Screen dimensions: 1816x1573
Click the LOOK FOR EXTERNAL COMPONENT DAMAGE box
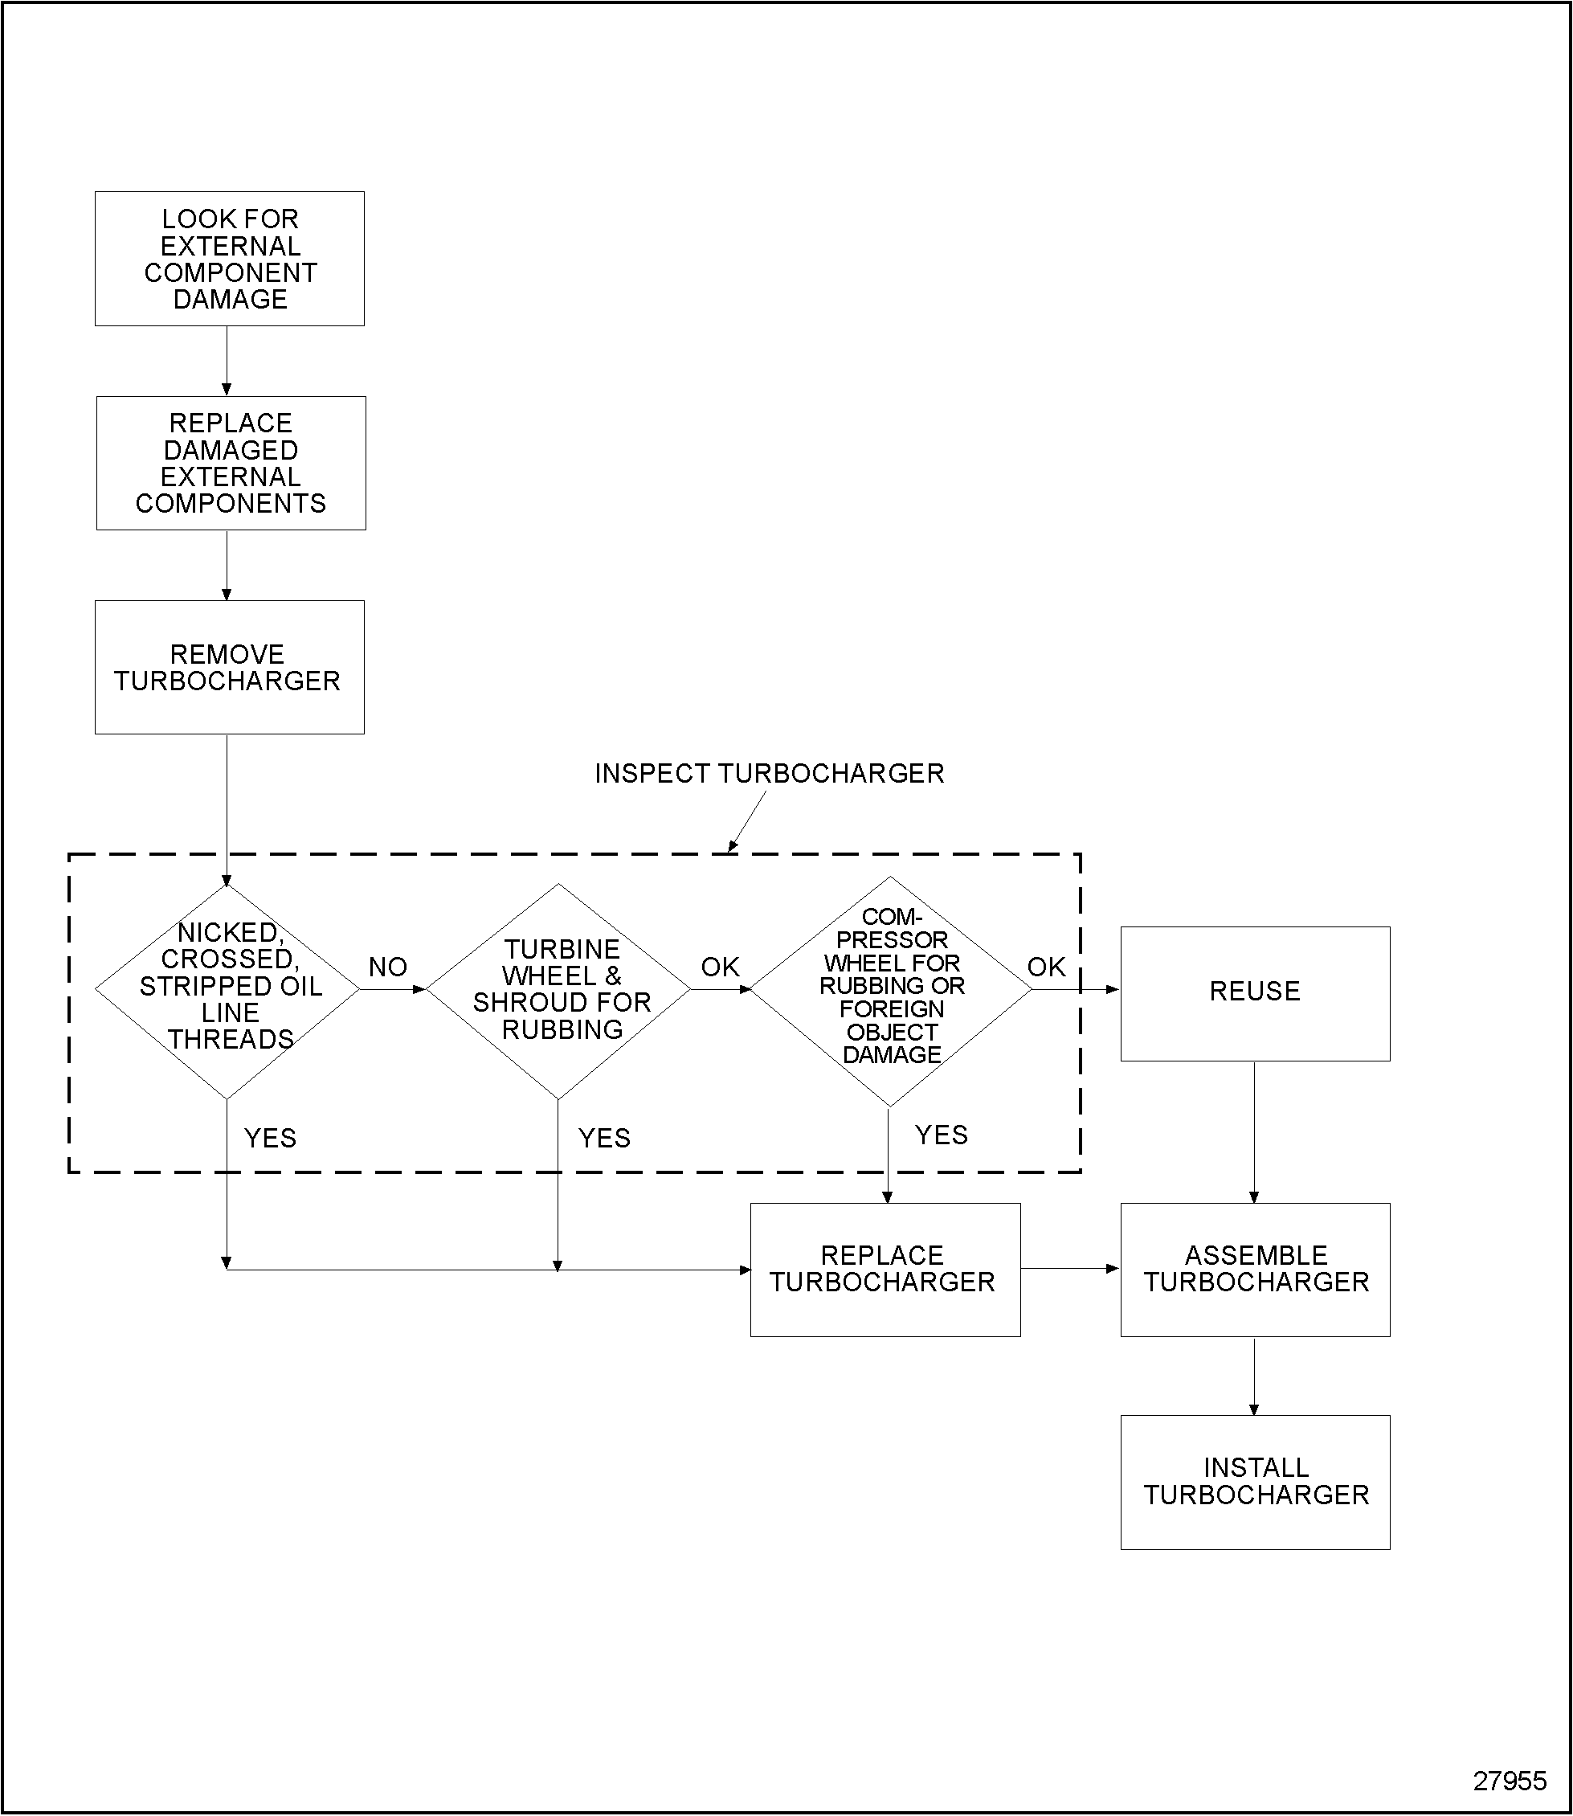pos(229,259)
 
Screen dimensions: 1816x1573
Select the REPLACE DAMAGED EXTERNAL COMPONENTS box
pos(231,463)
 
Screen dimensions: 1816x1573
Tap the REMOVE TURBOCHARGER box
pos(229,668)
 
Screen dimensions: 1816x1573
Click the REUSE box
pos(1254,993)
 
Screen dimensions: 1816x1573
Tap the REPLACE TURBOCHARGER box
pos(885,1269)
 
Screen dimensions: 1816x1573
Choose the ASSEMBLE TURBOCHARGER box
pos(1254,1269)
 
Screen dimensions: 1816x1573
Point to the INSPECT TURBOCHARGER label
pos(769,774)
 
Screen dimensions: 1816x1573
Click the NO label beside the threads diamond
pos(388,967)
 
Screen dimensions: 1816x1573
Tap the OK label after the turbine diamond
pos(720,967)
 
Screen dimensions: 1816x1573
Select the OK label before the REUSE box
pos(1046,967)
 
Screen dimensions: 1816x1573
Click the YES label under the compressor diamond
pos(941,1135)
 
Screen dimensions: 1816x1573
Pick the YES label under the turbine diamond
pos(604,1138)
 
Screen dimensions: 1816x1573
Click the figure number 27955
pos(1509,1781)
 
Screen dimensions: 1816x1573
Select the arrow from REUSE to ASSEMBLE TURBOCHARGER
pos(1253,1133)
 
